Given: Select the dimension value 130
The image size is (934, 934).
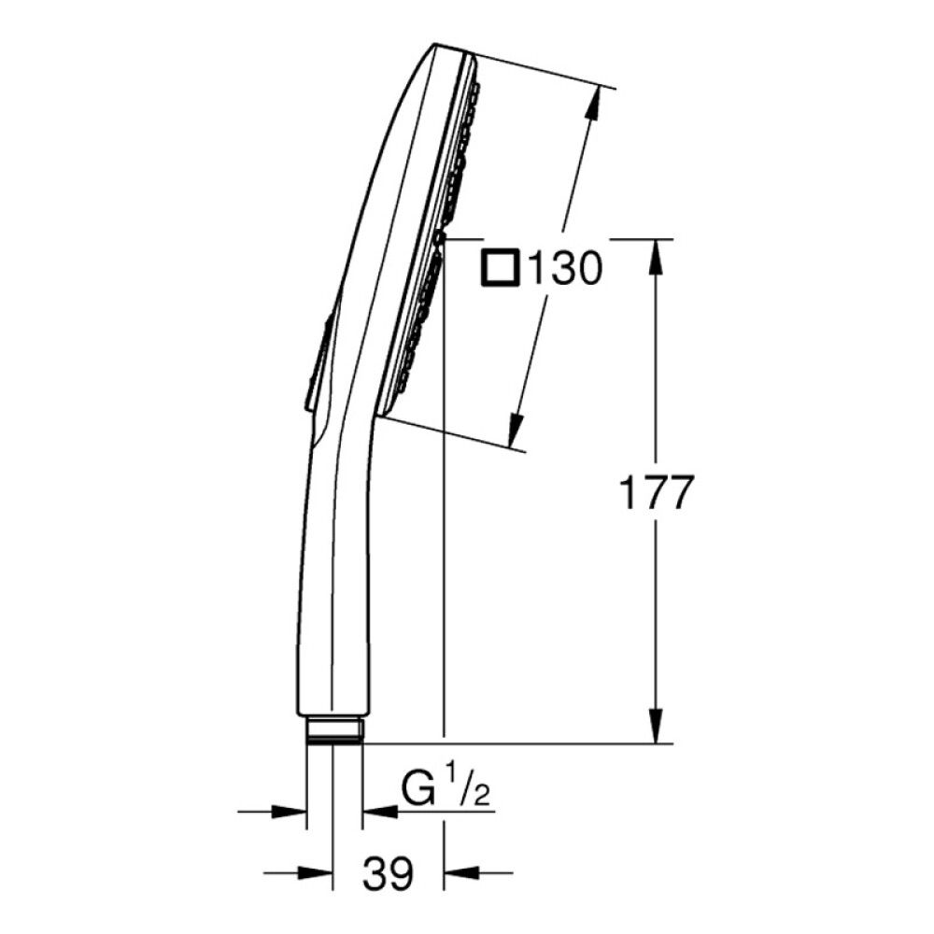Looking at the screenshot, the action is coord(565,269).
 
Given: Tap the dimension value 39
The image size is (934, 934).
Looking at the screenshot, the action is coord(388,874).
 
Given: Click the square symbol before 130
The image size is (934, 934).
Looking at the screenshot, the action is coord(501,269).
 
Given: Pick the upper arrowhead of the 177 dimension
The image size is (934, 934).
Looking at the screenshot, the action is coord(656,256).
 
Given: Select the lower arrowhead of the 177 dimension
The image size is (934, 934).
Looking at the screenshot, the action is coord(656,726).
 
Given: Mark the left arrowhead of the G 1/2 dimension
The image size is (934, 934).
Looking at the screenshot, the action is coord(289,812).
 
